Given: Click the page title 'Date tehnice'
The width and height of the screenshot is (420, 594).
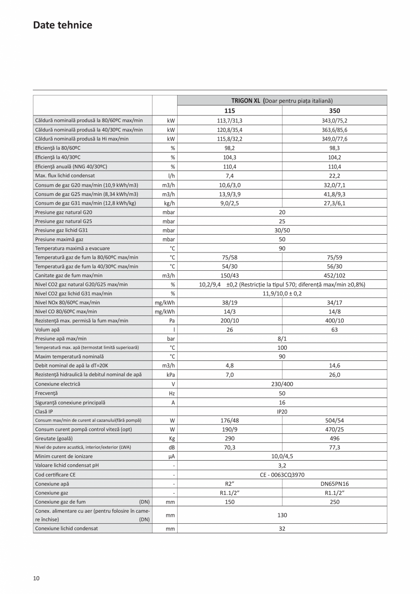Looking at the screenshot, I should pyautogui.click(x=63, y=25).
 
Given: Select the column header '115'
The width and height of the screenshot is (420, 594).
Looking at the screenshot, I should pyautogui.click(x=229, y=110).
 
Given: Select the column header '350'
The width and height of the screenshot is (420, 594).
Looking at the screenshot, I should pyautogui.click(x=334, y=110).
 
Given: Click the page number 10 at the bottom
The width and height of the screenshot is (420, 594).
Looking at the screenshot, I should pyautogui.click(x=36, y=578).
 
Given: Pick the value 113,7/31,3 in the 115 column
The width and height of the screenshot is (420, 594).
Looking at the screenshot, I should pyautogui.click(x=229, y=121).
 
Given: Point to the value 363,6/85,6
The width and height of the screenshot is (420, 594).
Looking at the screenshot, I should pyautogui.click(x=334, y=130).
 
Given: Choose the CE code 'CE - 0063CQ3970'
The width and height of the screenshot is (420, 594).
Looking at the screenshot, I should pyautogui.click(x=282, y=475).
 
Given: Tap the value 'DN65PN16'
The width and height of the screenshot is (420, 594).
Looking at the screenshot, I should pyautogui.click(x=334, y=484).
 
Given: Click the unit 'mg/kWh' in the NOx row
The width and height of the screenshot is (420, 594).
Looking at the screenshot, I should pyautogui.click(x=164, y=302).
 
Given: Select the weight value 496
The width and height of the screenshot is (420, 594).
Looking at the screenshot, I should pyautogui.click(x=334, y=438).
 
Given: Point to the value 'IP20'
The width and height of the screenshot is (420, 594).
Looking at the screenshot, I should pyautogui.click(x=282, y=411).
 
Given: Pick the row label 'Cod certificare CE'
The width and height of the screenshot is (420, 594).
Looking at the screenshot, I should pyautogui.click(x=55, y=475).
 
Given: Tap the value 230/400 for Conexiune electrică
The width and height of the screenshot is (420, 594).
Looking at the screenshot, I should pyautogui.click(x=282, y=384).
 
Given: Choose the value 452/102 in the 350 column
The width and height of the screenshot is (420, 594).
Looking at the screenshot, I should pyautogui.click(x=334, y=275).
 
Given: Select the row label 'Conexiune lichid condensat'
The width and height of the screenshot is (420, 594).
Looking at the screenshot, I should pyautogui.click(x=67, y=528).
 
